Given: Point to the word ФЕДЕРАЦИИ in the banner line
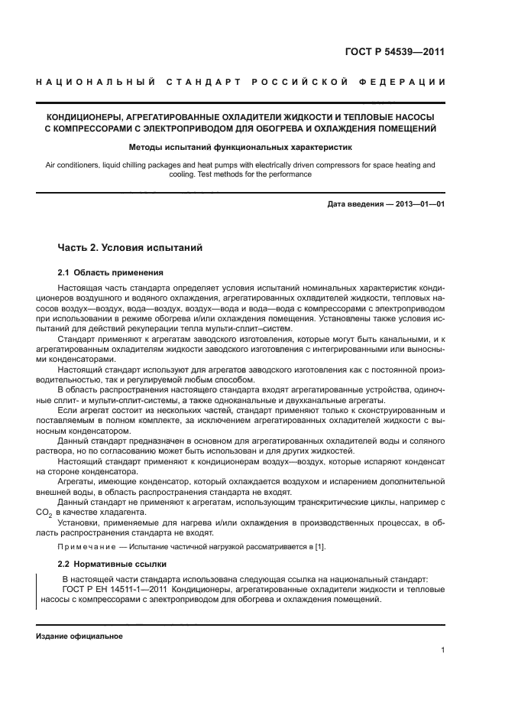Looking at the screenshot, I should click(x=410, y=82).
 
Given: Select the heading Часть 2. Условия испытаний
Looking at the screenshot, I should click(x=130, y=247).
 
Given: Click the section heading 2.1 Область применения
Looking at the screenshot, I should click(x=110, y=272).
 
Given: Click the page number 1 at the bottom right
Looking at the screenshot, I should click(x=442, y=651).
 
